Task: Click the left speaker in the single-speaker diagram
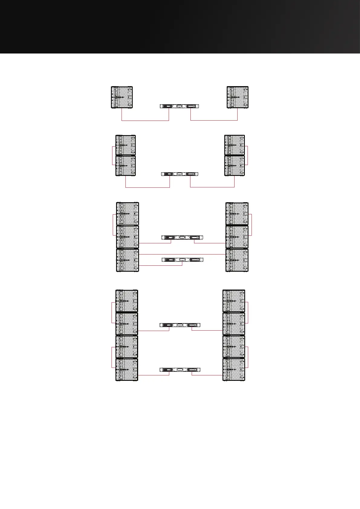[x=122, y=97]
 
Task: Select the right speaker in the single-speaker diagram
[x=238, y=97]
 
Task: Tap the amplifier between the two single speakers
[x=180, y=106]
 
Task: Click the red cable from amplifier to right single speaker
[x=214, y=121]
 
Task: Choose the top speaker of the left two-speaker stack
[x=126, y=145]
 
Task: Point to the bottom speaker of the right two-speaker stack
[x=235, y=166]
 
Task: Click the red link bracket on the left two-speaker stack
[x=112, y=156]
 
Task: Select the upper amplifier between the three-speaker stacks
[x=182, y=237]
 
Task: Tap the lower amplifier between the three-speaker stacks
[x=182, y=260]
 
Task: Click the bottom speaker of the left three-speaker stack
[x=128, y=260]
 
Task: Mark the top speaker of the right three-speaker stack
[x=237, y=214]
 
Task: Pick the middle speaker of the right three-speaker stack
[x=237, y=237]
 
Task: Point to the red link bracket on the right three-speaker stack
[x=251, y=225]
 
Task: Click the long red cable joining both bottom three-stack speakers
[x=182, y=254]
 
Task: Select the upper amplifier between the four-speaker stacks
[x=180, y=325]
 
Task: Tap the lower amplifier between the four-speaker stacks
[x=180, y=370]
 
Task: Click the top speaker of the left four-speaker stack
[x=127, y=301]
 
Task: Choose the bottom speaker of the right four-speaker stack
[x=234, y=369]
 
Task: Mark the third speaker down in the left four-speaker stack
[x=127, y=347]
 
